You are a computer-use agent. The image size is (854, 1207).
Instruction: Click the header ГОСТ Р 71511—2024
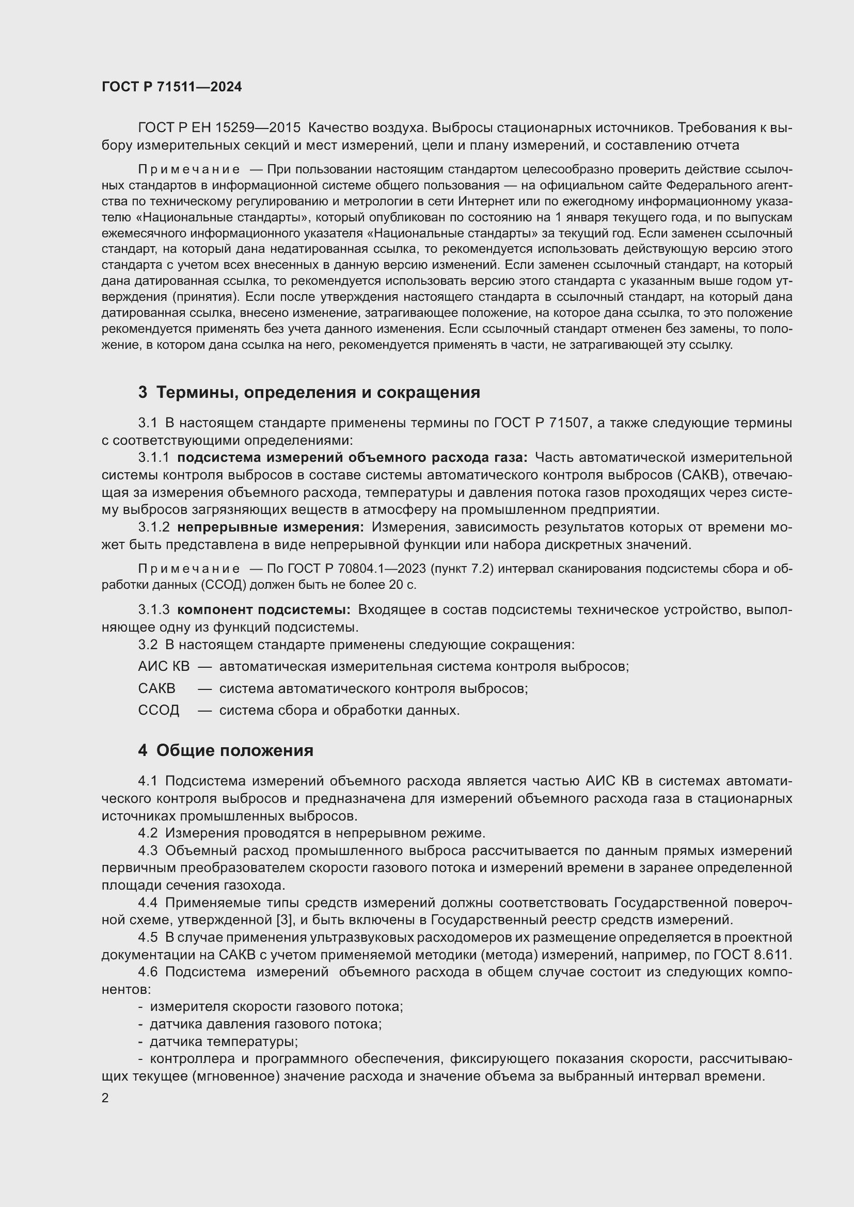(x=171, y=87)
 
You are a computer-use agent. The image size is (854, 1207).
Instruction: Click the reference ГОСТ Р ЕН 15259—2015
(x=219, y=128)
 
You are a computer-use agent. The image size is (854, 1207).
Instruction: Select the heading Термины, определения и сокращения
(x=318, y=392)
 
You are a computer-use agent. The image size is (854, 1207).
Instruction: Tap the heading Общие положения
(x=234, y=750)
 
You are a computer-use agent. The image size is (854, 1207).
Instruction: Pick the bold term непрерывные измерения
(x=270, y=527)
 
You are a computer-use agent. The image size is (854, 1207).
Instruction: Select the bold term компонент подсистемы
(x=263, y=610)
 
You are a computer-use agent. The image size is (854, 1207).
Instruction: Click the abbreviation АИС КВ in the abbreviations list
(x=164, y=667)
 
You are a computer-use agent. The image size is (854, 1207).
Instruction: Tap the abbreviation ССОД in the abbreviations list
(x=159, y=710)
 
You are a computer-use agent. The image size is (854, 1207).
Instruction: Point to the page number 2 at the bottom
(x=105, y=1098)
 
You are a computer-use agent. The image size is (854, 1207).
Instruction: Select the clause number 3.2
(x=148, y=645)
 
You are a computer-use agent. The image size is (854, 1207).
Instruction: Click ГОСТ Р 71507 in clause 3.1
(x=541, y=423)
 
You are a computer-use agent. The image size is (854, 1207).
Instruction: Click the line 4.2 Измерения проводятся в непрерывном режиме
(x=311, y=833)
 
